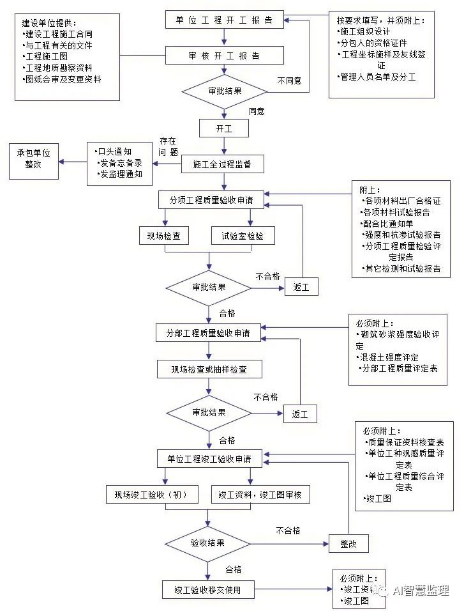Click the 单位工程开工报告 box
(x=224, y=20)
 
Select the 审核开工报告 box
(x=224, y=56)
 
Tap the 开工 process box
(x=223, y=128)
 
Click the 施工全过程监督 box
(x=222, y=165)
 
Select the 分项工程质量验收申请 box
(x=211, y=200)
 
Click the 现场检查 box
(x=164, y=236)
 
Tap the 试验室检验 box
(x=238, y=236)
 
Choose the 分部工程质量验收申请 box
(x=208, y=333)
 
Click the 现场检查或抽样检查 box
(x=208, y=369)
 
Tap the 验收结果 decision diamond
(x=208, y=543)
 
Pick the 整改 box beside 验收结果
(x=348, y=543)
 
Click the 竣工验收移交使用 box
(x=207, y=589)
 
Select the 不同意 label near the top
(x=289, y=81)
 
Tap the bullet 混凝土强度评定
(x=389, y=357)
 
